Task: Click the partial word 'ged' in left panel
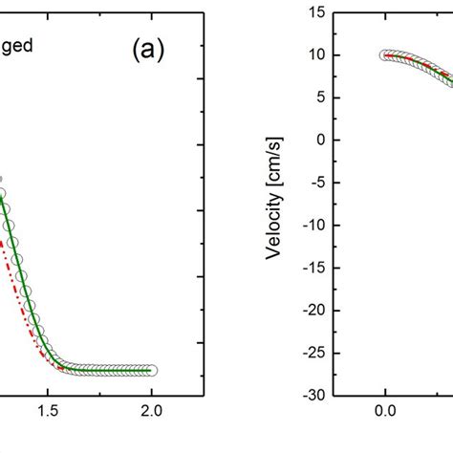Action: click(18, 44)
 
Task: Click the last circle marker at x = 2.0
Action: click(151, 370)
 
